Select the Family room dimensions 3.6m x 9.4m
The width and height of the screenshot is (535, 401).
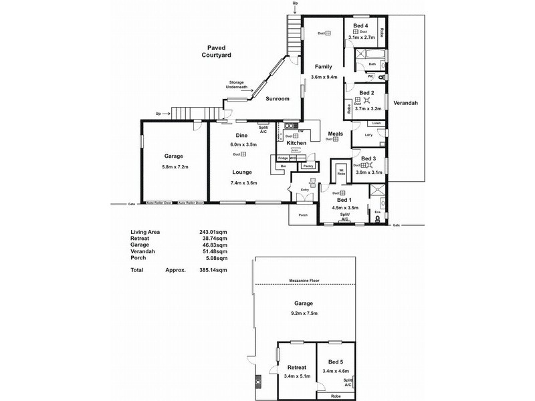(x=323, y=77)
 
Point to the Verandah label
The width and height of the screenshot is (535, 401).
(x=405, y=104)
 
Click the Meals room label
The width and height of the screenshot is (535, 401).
(x=336, y=133)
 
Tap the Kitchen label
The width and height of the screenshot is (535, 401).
(x=296, y=143)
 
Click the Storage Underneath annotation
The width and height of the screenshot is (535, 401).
(x=235, y=86)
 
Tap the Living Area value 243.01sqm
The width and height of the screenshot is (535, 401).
(x=214, y=233)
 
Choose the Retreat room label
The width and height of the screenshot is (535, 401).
(x=296, y=367)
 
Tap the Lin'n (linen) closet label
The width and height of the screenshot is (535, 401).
(x=377, y=124)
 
